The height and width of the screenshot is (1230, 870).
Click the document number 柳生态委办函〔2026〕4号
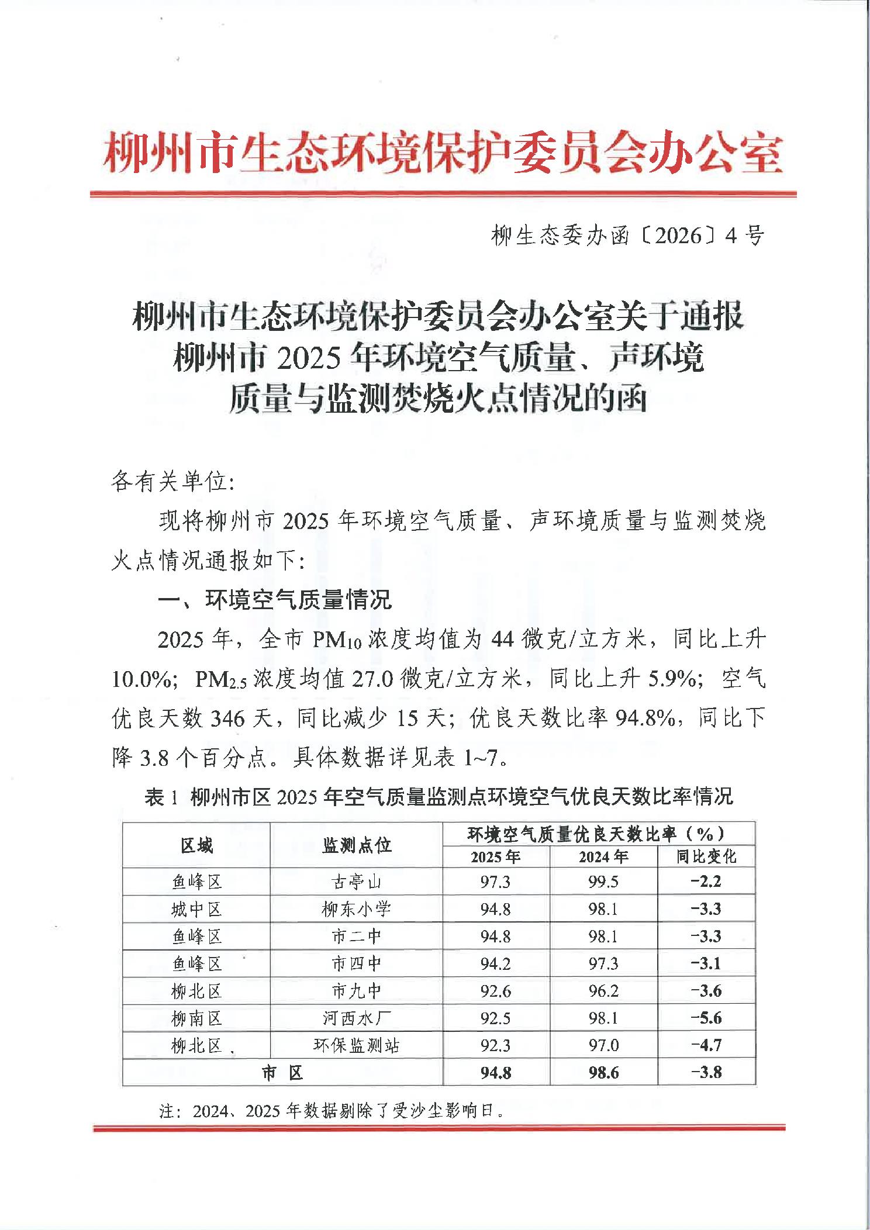tap(627, 236)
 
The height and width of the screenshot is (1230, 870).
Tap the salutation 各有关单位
tap(172, 482)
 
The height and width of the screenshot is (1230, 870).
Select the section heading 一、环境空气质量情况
tap(274, 599)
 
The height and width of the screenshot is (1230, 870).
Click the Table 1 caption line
tap(439, 796)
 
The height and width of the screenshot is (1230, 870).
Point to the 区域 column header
tap(196, 845)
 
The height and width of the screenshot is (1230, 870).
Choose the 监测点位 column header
tap(356, 845)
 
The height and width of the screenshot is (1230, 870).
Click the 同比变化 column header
tap(706, 856)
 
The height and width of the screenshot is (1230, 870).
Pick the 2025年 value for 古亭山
tap(495, 882)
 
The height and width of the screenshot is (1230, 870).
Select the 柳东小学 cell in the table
tap(356, 909)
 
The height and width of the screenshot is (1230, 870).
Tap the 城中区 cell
tap(196, 909)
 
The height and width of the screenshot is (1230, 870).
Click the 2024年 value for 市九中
tap(603, 991)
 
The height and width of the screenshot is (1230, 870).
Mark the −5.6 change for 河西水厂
tap(706, 1018)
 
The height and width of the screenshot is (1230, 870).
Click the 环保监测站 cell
tap(356, 1045)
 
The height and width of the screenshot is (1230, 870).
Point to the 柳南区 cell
tap(196, 1018)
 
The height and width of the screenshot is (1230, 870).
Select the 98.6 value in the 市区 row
tap(603, 1073)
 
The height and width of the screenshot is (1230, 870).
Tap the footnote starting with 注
tap(331, 1111)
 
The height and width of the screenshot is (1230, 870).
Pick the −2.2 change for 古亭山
tap(706, 882)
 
